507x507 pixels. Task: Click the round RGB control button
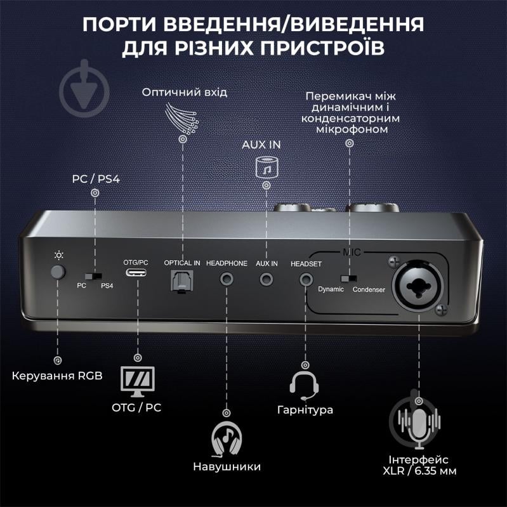(x=58, y=273)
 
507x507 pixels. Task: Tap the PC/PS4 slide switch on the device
(x=95, y=277)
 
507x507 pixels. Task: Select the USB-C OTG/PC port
(x=136, y=277)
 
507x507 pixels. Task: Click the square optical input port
(x=182, y=279)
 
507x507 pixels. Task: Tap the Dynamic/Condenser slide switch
(x=347, y=278)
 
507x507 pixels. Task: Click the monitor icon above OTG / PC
(x=137, y=379)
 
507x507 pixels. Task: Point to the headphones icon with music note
(x=227, y=438)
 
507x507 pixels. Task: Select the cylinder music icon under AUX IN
(x=267, y=166)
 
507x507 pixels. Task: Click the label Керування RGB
(x=57, y=376)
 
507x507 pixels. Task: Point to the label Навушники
(x=227, y=466)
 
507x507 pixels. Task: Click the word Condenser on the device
(x=369, y=289)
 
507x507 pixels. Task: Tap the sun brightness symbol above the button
(x=58, y=256)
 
